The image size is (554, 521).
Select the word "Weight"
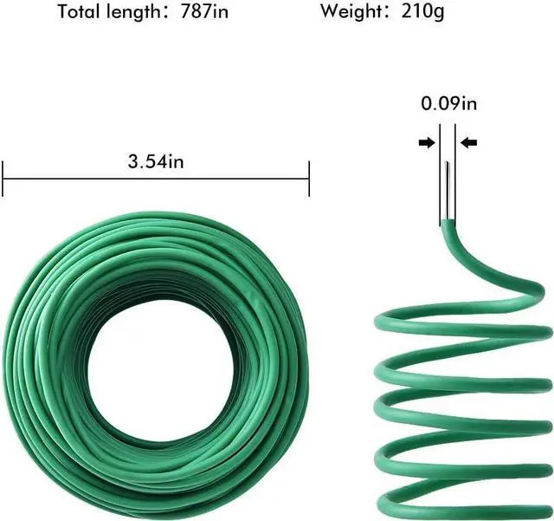(x=351, y=12)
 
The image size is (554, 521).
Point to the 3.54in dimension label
(x=156, y=160)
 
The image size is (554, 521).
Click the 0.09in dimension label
(x=449, y=104)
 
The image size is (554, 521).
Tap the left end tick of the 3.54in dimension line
(x=4, y=180)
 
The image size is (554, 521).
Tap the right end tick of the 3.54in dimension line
(x=309, y=180)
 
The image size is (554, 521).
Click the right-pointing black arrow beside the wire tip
(x=426, y=143)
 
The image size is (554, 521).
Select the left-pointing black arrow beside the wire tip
(x=469, y=143)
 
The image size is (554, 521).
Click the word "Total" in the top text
(x=80, y=12)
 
